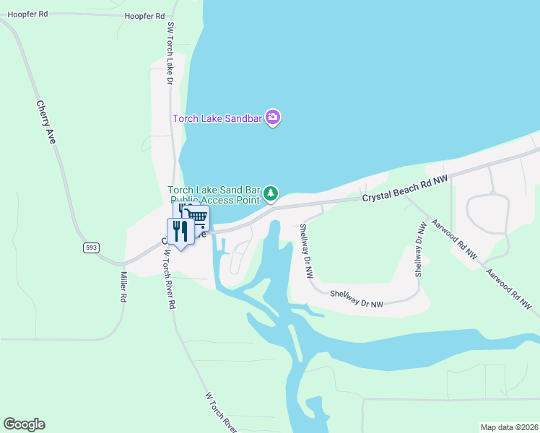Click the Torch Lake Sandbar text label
click(x=217, y=118)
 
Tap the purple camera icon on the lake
click(x=272, y=117)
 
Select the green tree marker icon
click(x=271, y=193)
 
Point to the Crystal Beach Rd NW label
click(x=405, y=187)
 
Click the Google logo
click(x=24, y=424)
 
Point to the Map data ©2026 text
click(x=508, y=427)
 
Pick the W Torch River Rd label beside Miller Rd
click(x=167, y=279)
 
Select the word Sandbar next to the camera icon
click(x=242, y=118)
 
